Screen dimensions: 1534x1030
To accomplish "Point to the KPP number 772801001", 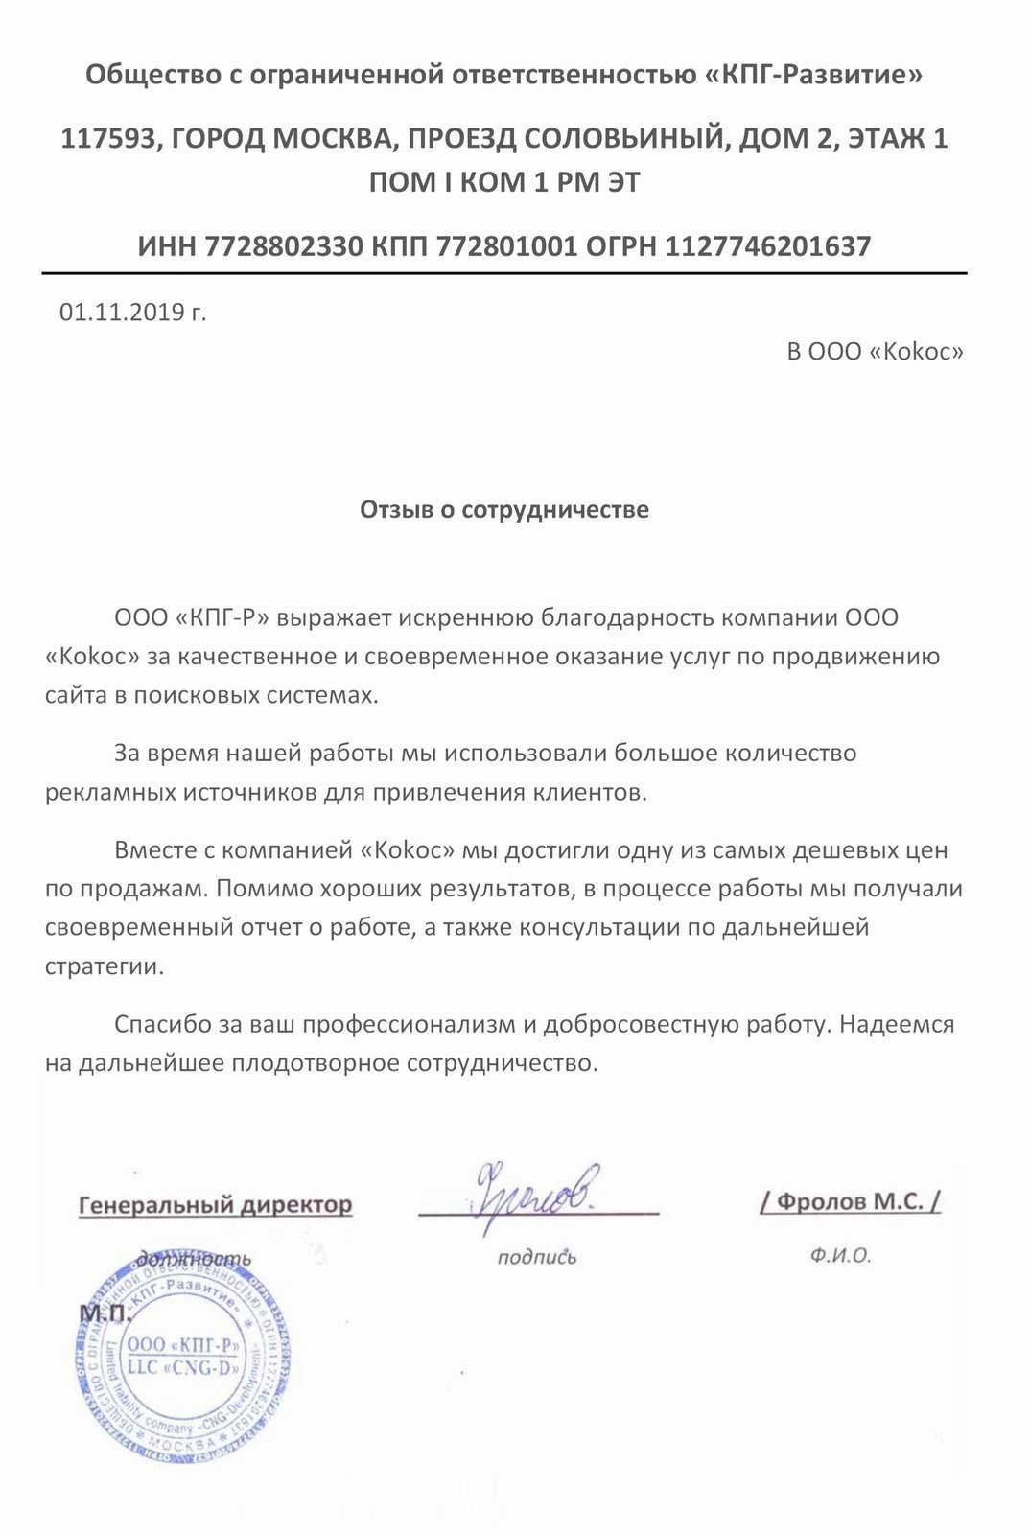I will (506, 247).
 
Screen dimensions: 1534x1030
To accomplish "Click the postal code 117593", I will (103, 139).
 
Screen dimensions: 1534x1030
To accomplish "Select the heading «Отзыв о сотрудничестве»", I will (504, 509).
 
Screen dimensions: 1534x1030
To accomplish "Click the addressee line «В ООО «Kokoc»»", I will (875, 352).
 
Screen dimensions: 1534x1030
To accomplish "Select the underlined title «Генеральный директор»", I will (215, 1204).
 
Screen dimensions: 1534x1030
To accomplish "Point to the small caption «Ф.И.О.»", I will (840, 1256).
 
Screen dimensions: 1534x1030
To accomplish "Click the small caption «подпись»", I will (537, 1257).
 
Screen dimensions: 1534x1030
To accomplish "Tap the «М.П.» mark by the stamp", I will (104, 1313).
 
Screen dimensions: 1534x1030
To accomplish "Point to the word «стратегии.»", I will (105, 965).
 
